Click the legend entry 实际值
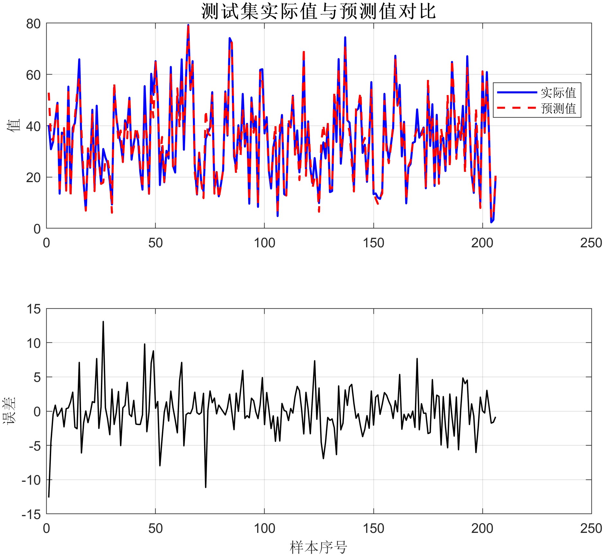point(558,93)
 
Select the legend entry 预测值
point(558,109)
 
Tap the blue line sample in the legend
point(517,93)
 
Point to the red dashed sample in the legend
point(517,108)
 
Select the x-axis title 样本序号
point(318,547)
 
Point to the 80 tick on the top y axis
point(33,24)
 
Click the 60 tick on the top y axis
point(33,75)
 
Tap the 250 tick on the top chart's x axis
point(591,243)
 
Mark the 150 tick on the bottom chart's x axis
point(373,528)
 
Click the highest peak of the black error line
point(103,322)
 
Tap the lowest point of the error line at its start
point(49,497)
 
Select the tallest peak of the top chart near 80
point(188,25)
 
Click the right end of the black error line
point(495,417)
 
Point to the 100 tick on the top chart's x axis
point(264,243)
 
